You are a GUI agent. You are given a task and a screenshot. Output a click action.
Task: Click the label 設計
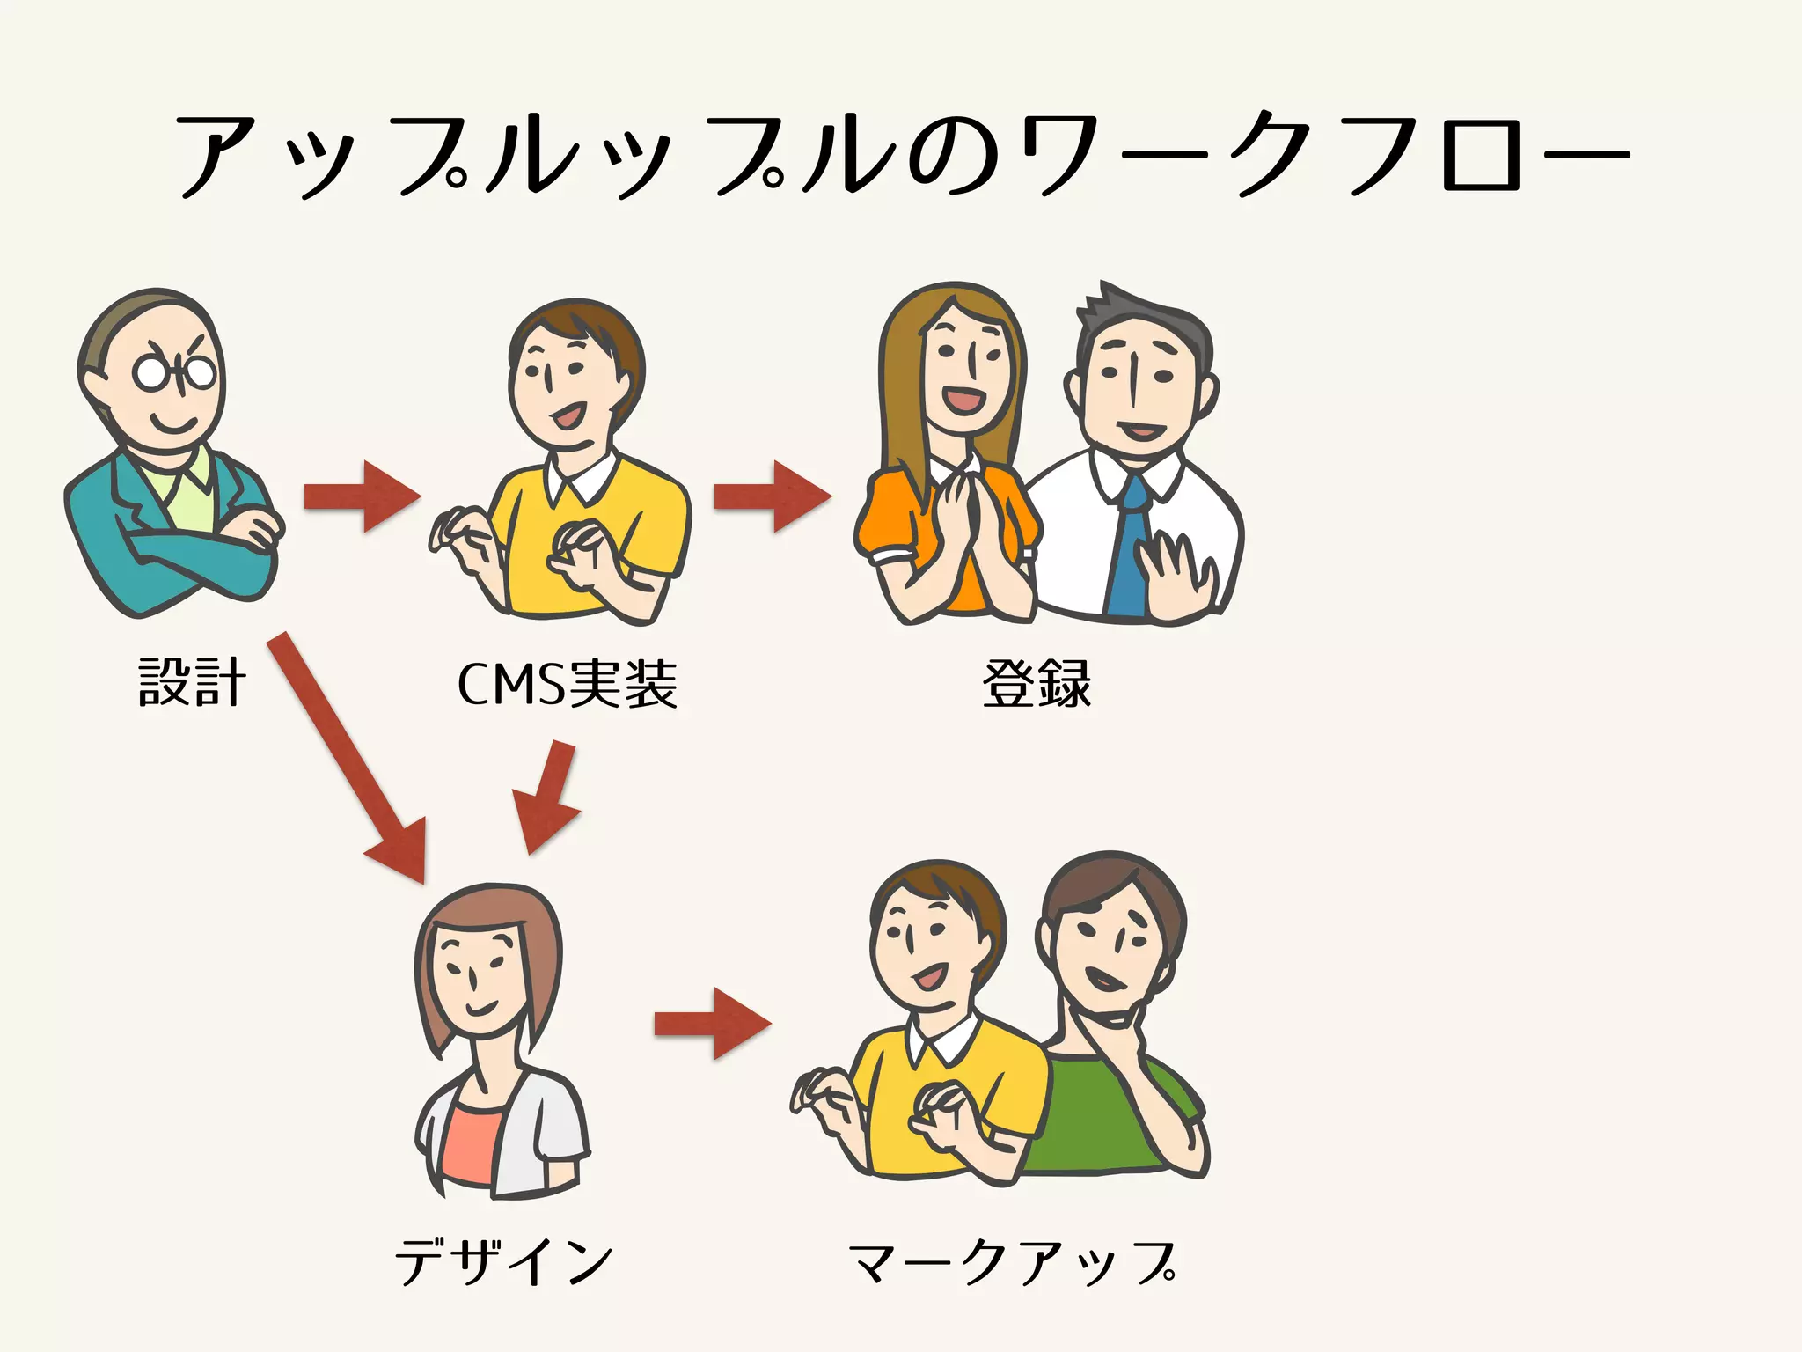pyautogui.click(x=192, y=683)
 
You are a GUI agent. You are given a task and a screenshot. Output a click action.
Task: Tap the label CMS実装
pyautogui.click(x=568, y=684)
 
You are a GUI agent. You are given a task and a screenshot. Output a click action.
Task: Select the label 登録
pyautogui.click(x=1037, y=684)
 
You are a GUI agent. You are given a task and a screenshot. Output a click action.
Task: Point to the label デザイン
pyautogui.click(x=503, y=1260)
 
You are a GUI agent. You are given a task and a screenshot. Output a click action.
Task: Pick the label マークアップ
pyautogui.click(x=1012, y=1262)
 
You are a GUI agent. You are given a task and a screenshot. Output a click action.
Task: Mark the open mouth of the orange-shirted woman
pyautogui.click(x=966, y=401)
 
